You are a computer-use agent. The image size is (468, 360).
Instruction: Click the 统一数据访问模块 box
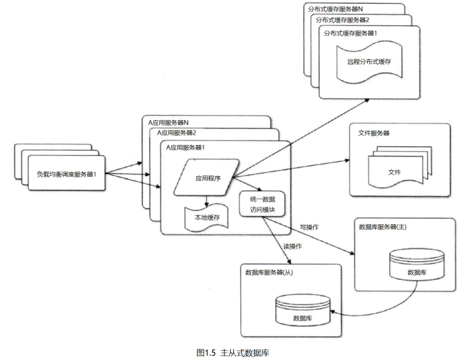[x=262, y=203]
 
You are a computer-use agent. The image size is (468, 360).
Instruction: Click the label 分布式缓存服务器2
[x=344, y=21]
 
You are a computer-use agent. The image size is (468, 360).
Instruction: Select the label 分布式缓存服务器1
[x=352, y=32]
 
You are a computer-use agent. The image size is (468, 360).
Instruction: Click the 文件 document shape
[x=393, y=172]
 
